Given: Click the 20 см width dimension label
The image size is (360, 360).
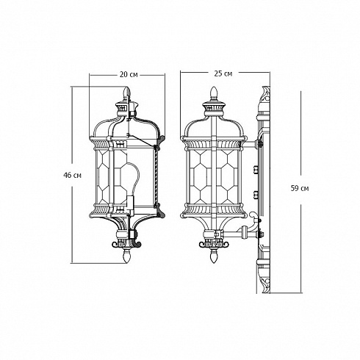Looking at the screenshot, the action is click(x=129, y=74).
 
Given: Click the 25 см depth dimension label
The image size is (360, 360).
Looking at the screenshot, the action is click(x=223, y=73).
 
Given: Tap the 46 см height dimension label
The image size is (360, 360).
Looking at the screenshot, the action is click(x=72, y=176).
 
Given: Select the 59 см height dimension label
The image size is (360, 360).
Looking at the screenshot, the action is click(x=300, y=188).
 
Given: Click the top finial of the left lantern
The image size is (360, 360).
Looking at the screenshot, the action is click(x=126, y=93).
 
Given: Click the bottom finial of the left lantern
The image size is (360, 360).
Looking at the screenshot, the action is click(x=126, y=256).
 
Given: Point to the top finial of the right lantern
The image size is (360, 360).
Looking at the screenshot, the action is click(x=214, y=93).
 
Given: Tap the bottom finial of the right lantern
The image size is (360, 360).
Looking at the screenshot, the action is click(x=214, y=256).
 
